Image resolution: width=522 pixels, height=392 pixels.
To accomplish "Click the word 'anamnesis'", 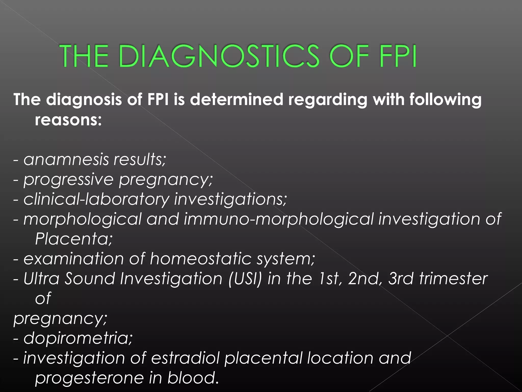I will click(66, 160).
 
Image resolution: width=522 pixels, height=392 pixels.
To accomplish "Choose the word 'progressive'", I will click(68, 179).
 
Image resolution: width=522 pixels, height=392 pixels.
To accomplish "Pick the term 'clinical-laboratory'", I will click(96, 199).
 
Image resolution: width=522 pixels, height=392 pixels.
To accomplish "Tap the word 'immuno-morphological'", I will click(279, 219).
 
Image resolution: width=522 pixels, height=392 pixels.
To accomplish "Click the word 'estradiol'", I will click(185, 358).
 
